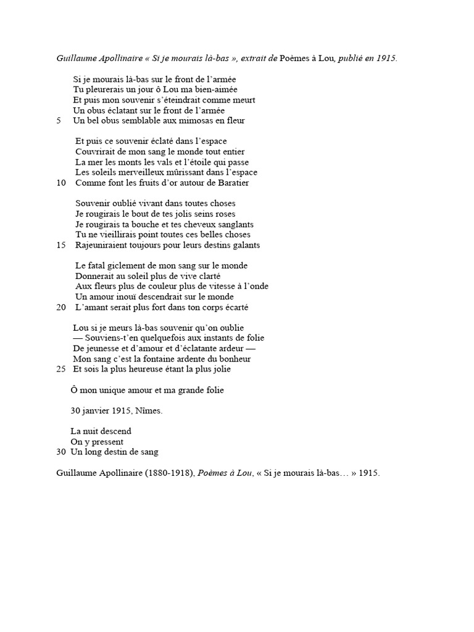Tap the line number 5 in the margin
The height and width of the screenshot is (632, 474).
click(59, 120)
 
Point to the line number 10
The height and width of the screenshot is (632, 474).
click(60, 183)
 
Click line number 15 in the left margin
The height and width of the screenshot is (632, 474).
click(60, 245)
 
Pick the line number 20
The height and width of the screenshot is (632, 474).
click(60, 307)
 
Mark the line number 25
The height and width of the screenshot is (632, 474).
click(60, 370)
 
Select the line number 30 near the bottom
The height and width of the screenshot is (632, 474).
click(60, 452)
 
